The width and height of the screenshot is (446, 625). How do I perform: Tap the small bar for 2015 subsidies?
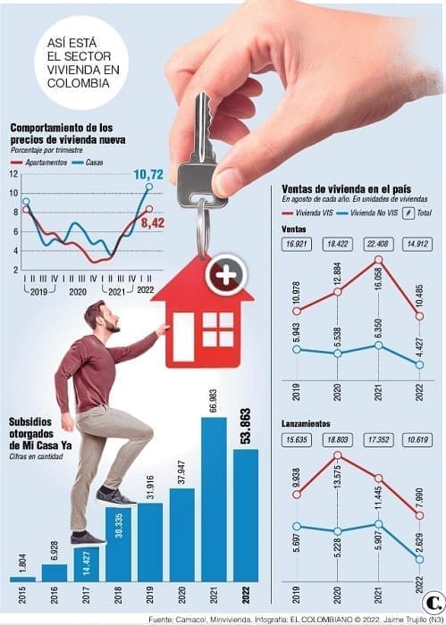pyautogui.click(x=22, y=579)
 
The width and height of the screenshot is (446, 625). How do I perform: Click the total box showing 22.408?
pyautogui.click(x=379, y=242)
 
